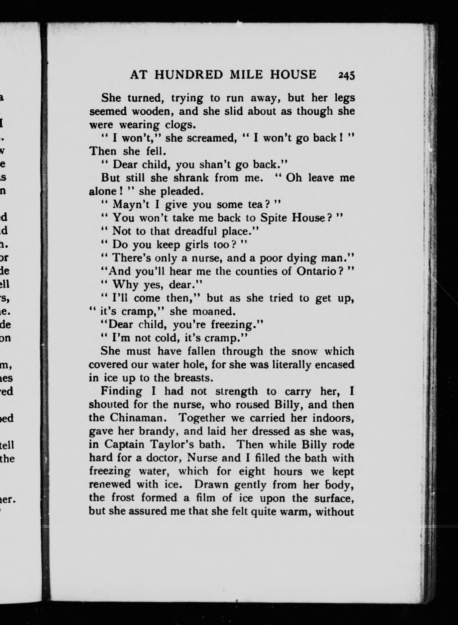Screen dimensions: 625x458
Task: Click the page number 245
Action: pos(347,75)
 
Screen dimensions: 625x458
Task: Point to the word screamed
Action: pos(208,138)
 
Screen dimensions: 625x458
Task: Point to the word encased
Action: pos(335,365)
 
